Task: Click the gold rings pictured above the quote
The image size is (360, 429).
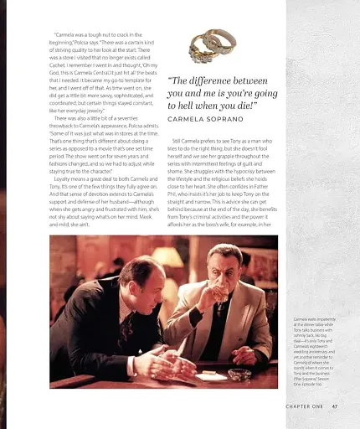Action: click(212, 43)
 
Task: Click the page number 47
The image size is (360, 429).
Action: click(334, 408)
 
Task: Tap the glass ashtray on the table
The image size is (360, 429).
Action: click(239, 374)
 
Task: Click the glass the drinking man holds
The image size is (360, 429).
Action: click(222, 292)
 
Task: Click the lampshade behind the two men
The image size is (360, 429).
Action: click(167, 256)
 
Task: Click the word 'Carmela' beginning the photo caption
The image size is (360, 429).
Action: click(301, 319)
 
